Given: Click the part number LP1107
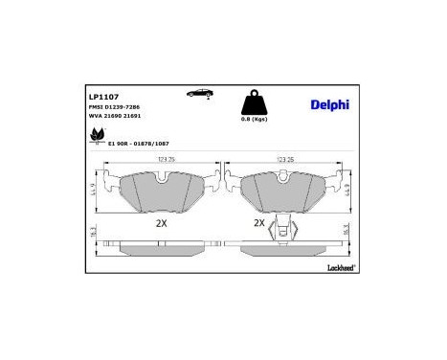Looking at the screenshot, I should click(102, 97).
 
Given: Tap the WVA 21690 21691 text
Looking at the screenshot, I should click(114, 119).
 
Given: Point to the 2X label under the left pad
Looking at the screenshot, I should click(161, 222).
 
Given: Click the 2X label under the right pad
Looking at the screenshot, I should click(258, 222).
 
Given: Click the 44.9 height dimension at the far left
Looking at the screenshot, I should click(93, 193).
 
